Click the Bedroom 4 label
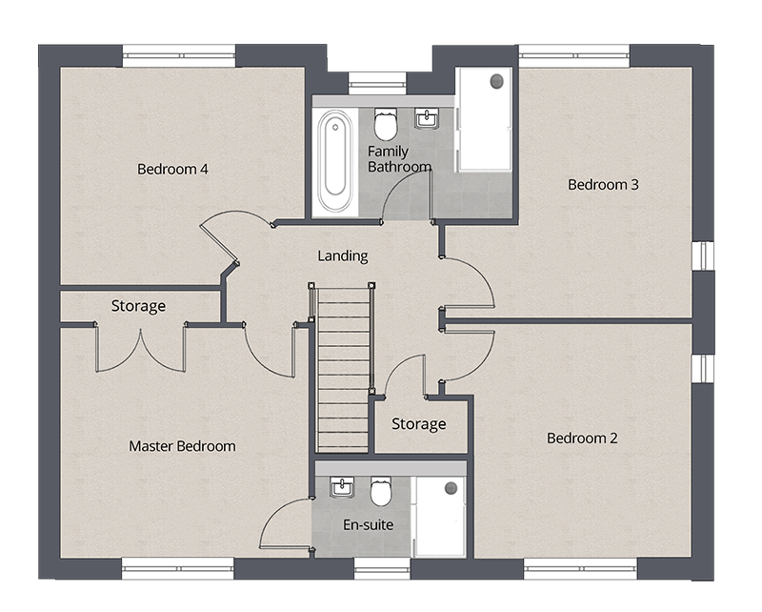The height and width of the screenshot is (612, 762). coord(172,169)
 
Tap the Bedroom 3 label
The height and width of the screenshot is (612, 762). coord(603,184)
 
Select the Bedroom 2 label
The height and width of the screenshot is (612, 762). coord(582,438)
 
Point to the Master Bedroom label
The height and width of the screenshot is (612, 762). coord(182,446)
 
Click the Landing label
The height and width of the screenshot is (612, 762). coord(343,255)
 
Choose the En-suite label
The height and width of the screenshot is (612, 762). coord(369,524)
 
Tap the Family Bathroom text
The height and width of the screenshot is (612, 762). coord(399,159)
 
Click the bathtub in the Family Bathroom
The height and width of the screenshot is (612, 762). coord(335,161)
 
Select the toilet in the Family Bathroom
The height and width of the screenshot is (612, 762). coord(386,124)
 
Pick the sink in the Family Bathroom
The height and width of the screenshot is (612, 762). coord(427,118)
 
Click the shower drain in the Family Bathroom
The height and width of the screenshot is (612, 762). coord(496,81)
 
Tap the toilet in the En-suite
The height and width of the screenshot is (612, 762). coord(381,491)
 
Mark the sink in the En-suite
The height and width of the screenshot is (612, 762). coord(342,487)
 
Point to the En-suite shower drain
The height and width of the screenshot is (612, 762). coord(451,488)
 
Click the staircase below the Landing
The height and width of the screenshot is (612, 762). coord(343,369)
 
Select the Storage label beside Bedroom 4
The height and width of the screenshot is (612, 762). coord(138,306)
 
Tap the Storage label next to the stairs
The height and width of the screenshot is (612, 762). coord(419,424)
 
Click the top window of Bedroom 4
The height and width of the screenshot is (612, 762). coord(179,56)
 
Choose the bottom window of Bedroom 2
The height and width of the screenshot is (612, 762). coord(580,569)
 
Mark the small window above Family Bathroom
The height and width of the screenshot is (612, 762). coord(377,83)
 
